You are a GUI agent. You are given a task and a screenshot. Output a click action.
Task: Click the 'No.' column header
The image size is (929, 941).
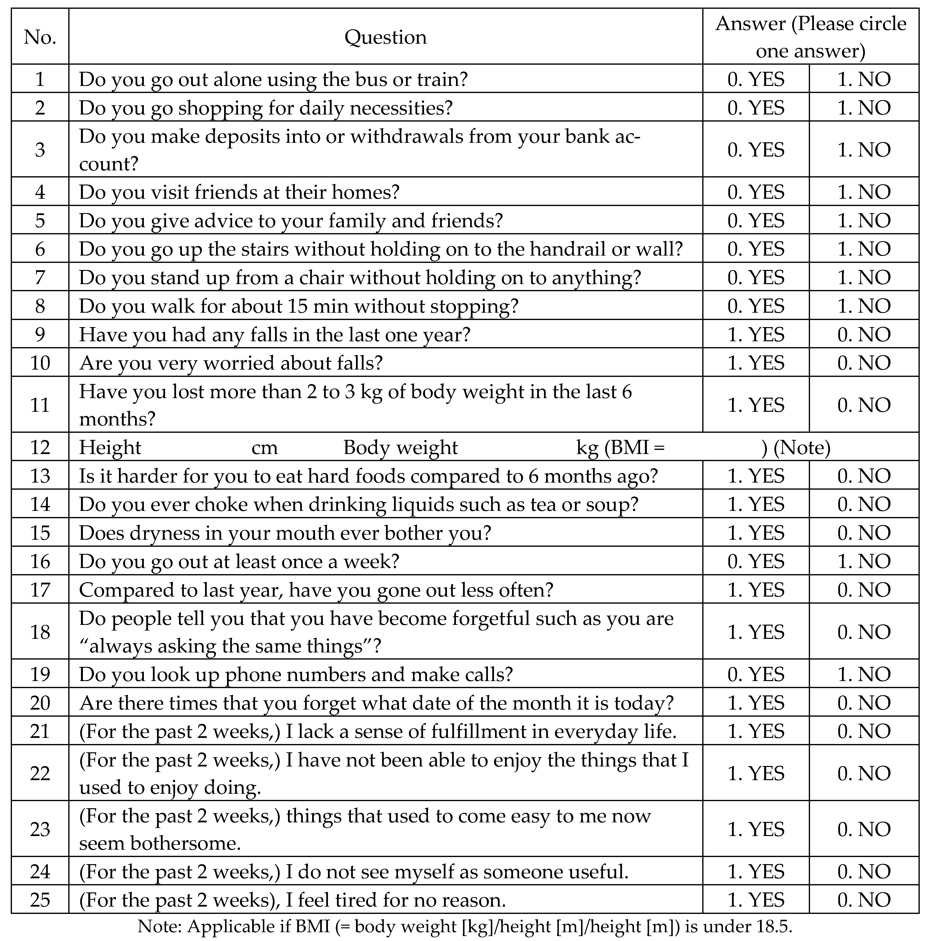click(40, 37)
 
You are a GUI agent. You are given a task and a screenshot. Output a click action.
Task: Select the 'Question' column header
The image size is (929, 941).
click(385, 37)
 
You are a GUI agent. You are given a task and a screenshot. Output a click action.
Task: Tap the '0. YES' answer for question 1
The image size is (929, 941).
click(756, 79)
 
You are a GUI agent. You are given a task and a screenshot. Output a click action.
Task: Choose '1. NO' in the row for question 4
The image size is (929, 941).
click(864, 192)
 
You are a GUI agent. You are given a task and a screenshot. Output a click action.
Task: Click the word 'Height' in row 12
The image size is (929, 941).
click(110, 447)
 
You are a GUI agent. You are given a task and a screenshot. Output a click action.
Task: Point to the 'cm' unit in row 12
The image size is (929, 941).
click(264, 447)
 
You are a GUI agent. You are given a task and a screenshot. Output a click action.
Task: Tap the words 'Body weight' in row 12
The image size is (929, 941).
click(401, 447)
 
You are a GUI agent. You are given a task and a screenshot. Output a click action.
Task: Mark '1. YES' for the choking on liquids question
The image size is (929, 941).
click(756, 504)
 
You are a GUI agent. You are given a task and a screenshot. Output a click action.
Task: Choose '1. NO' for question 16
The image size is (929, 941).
click(864, 561)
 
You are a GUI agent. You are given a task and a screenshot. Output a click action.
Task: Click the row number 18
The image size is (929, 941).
click(40, 632)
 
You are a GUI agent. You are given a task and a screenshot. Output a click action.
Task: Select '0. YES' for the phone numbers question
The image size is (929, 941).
click(756, 674)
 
